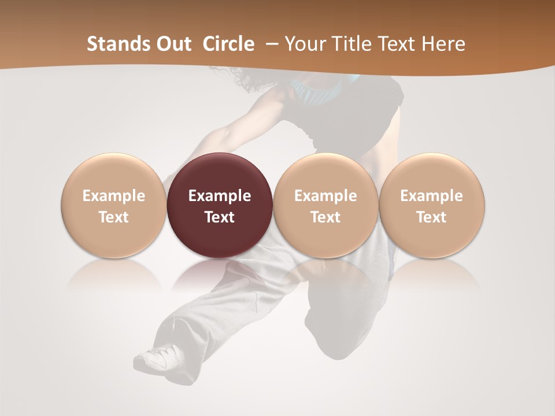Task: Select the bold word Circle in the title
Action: point(228,44)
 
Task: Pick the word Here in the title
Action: point(443,44)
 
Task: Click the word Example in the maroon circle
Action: point(220,196)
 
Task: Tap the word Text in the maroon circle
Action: point(220,217)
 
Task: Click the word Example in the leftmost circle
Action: point(114,196)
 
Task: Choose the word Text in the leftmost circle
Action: point(114,217)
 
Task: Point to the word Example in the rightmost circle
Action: point(432,196)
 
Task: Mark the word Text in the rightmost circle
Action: point(432,217)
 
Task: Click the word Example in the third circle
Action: point(325,196)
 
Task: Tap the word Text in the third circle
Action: point(325,217)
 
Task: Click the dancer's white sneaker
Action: point(158,356)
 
